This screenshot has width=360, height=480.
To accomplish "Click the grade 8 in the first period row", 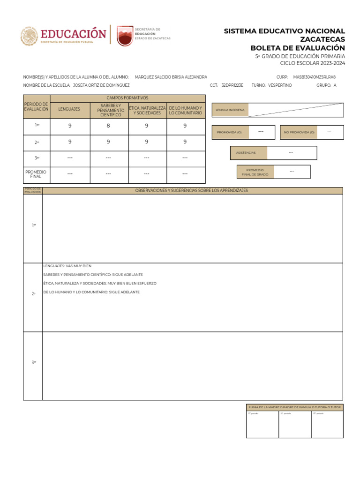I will point(108,126).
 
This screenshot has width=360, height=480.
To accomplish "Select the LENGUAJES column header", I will point(69,109).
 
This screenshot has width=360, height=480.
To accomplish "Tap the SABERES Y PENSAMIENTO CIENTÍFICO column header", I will point(108,110).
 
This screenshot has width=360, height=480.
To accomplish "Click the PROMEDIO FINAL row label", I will point(36,174).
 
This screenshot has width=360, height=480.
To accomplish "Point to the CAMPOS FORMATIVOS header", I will point(127,98).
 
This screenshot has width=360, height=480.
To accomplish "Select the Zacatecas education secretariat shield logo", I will point(125,36).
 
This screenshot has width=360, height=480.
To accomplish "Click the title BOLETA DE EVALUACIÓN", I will point(298,48).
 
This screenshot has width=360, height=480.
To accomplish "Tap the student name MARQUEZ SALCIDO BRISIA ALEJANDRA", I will point(171,77).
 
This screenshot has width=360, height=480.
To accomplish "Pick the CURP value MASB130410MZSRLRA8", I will point(314,77).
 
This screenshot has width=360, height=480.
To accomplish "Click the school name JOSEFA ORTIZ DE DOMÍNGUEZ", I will point(101,85).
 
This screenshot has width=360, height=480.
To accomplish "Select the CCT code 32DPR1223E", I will point(232,85).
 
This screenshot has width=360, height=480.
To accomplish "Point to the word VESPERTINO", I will point(280,85).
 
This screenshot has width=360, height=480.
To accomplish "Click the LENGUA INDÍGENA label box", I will point(230,110).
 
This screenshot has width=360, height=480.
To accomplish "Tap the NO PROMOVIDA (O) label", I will point(299,133).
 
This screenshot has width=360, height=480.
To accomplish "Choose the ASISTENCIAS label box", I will point(248,153).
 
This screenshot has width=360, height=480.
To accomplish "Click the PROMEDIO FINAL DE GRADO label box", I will point(255,172).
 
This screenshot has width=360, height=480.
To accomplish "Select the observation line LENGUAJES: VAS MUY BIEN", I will point(67,266).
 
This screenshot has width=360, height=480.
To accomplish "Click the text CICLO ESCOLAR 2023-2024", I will point(312,63).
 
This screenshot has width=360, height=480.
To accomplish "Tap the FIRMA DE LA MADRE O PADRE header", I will point(294,407).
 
